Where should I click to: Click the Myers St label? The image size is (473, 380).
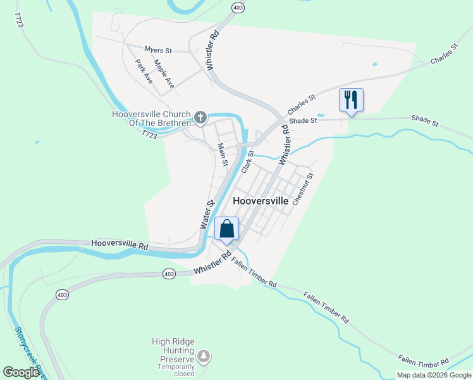(158, 49)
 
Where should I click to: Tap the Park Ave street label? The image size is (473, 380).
(144, 72)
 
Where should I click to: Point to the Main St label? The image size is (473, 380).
(223, 154)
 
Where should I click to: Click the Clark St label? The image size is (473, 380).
(247, 161)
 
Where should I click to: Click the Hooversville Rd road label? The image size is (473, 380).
(120, 243)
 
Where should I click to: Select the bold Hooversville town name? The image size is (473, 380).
(261, 200)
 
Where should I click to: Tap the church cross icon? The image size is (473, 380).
(200, 117)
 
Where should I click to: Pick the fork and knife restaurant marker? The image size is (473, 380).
(350, 99)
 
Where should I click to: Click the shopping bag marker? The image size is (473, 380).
(227, 229)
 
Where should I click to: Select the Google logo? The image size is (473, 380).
(21, 372)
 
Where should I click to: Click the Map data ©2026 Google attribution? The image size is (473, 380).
(434, 375)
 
